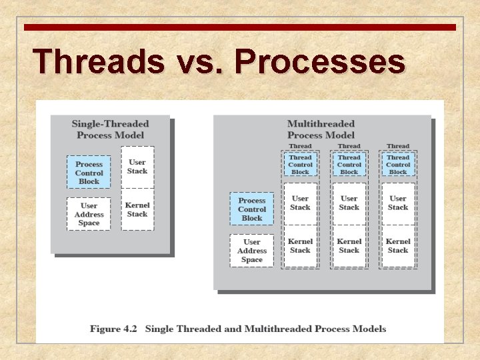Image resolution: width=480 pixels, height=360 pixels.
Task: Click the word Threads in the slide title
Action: [99, 62]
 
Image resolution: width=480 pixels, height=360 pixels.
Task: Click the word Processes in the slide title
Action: [319, 62]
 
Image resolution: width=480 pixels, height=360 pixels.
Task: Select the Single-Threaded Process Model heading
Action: [110, 129]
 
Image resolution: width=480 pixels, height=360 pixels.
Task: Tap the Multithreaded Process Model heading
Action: [321, 129]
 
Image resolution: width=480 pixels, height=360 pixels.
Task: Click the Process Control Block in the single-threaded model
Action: [89, 173]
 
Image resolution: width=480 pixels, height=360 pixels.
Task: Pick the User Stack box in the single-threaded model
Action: [137, 167]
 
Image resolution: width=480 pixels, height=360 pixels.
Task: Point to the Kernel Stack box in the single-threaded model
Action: [137, 209]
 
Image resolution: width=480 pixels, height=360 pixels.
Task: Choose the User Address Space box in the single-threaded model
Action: [89, 214]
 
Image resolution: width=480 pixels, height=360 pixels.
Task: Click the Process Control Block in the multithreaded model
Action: [252, 209]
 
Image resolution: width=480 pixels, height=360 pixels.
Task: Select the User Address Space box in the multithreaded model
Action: [252, 251]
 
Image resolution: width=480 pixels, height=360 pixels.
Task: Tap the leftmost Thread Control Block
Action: [300, 165]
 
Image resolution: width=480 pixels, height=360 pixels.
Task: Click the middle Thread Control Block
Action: [349, 165]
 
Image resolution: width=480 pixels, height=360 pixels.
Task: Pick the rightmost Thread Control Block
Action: [398, 165]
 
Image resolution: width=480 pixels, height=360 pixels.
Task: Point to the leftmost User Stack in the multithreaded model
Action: [300, 203]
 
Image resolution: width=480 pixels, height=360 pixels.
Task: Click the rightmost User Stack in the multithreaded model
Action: [398, 203]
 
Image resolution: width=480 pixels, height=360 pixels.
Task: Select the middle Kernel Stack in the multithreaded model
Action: [349, 246]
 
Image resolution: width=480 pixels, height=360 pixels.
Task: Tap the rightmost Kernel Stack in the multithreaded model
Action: [398, 246]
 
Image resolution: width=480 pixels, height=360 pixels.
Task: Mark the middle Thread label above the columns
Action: [349, 146]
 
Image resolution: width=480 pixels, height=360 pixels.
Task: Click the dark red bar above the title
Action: [240, 27]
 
